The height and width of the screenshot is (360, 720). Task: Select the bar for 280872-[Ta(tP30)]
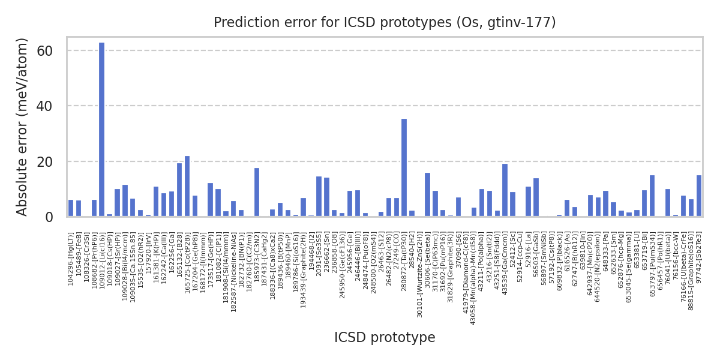pyautogui.click(x=404, y=167)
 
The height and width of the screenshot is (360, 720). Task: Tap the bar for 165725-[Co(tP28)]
pyautogui.click(x=187, y=186)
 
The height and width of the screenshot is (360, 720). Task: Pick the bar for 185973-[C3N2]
pyautogui.click(x=257, y=192)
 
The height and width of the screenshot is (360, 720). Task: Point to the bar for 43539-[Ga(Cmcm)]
pyautogui.click(x=505, y=190)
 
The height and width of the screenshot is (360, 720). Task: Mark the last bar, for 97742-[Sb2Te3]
pyautogui.click(x=698, y=196)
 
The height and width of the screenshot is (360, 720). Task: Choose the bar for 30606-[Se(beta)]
pyautogui.click(x=427, y=194)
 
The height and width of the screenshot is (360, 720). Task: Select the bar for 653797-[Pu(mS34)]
pyautogui.click(x=652, y=196)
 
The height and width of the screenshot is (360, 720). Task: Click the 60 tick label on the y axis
pyautogui.click(x=53, y=51)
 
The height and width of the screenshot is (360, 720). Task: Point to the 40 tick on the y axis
pyautogui.click(x=53, y=106)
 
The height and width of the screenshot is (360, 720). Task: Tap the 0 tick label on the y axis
pyautogui.click(x=56, y=217)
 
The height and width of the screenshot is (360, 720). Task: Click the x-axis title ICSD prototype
pyautogui.click(x=385, y=337)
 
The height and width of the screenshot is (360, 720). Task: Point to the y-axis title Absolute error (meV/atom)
pyautogui.click(x=23, y=127)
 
